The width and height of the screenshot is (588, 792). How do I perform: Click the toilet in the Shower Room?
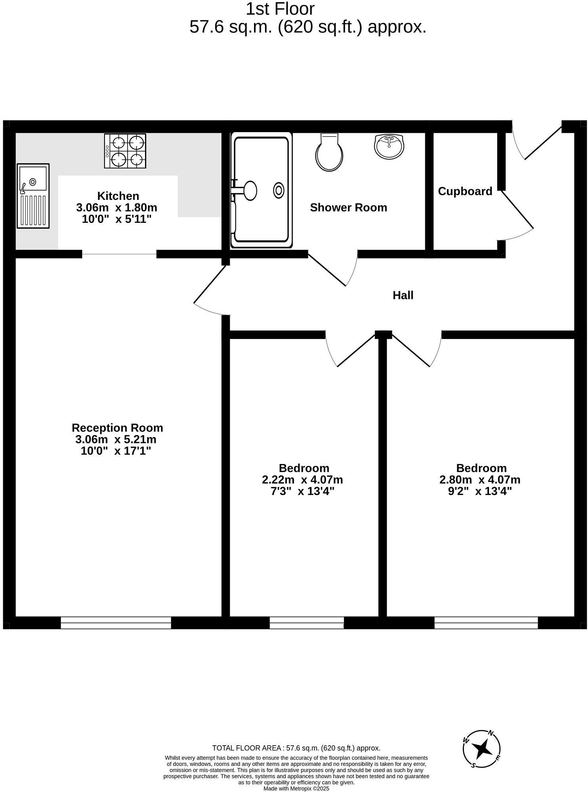[x=329, y=152]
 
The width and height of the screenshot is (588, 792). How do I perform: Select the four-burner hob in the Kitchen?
[x=125, y=151]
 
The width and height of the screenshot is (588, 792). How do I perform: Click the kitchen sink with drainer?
[x=33, y=196]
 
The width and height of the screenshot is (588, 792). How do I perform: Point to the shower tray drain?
[x=279, y=191]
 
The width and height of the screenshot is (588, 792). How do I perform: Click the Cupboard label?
[x=465, y=192]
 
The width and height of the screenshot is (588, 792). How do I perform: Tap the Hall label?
[x=403, y=295]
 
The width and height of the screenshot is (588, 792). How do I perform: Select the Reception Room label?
[x=117, y=428]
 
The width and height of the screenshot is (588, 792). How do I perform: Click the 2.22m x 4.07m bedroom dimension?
[x=302, y=480]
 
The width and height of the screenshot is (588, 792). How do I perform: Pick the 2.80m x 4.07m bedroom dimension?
[x=479, y=480]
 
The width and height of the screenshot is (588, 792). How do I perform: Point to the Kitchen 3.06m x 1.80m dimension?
[x=116, y=207]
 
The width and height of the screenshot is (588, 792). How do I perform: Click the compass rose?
[x=482, y=749]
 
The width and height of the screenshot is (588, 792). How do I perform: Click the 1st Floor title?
[x=280, y=9]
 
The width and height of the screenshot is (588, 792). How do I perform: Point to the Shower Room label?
[x=348, y=208]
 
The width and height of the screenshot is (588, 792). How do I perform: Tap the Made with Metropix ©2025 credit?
[x=296, y=788]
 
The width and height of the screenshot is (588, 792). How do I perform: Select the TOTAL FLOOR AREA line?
[x=296, y=748]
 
